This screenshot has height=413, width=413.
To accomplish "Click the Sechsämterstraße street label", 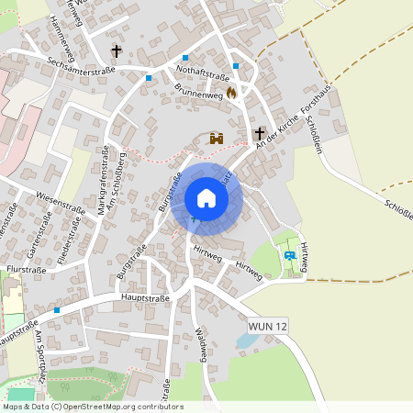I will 81,63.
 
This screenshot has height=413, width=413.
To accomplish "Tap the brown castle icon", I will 218,139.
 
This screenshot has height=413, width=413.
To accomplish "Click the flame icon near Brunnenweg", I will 231,92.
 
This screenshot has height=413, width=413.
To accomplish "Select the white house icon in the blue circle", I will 206,198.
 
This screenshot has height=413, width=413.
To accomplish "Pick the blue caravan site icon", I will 291,255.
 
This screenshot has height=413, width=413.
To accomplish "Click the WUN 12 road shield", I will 268,326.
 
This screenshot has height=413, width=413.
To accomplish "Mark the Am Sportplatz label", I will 40,353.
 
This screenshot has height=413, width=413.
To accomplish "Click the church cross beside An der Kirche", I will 259,133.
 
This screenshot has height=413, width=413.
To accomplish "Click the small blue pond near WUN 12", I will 246,341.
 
